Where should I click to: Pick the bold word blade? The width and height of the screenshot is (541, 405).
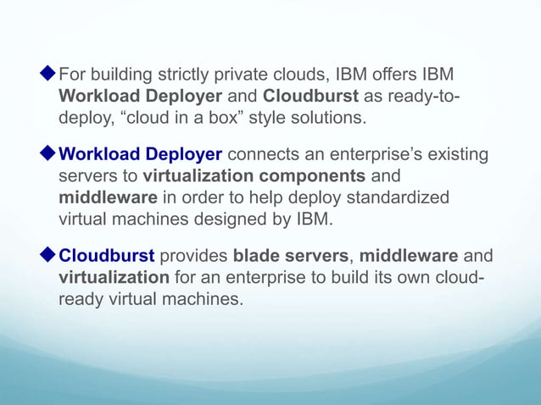255,258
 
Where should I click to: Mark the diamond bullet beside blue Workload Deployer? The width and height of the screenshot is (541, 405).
48,156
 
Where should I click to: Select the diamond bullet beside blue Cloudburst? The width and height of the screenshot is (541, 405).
48,258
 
